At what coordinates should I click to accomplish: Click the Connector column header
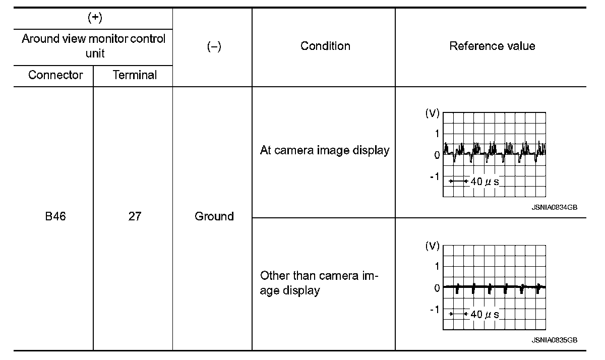(x=55, y=75)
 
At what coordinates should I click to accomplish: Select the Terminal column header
(x=135, y=75)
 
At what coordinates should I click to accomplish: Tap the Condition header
(x=325, y=46)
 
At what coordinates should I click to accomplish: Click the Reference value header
(x=492, y=46)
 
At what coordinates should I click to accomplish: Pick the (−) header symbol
(x=214, y=46)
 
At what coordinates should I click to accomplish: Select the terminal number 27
(x=135, y=216)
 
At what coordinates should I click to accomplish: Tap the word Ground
(x=214, y=216)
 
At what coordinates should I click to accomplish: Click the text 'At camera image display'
(x=325, y=150)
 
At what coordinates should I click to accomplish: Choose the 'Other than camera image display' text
(x=319, y=283)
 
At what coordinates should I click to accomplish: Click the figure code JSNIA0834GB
(x=554, y=207)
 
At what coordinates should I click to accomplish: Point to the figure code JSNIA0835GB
(x=554, y=340)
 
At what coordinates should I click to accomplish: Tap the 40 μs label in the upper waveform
(x=485, y=181)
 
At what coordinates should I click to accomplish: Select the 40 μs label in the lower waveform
(x=485, y=314)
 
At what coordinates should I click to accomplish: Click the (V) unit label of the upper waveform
(x=432, y=113)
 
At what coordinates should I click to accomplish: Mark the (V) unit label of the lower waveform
(x=432, y=247)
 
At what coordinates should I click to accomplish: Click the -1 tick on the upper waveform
(x=434, y=176)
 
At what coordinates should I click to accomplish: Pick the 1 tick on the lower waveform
(x=437, y=266)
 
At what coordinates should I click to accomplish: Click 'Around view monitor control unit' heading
(x=94, y=46)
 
